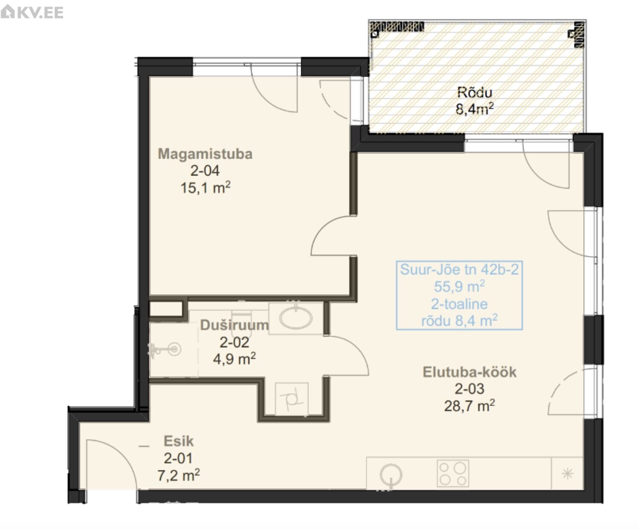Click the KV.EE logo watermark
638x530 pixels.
click(32, 12)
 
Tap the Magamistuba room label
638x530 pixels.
click(205, 153)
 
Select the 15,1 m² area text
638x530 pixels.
click(205, 187)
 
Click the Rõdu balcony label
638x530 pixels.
click(475, 92)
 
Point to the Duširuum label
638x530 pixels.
click(235, 325)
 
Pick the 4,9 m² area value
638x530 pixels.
click(235, 359)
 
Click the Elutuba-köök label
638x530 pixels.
click(470, 372)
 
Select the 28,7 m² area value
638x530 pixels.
click(470, 406)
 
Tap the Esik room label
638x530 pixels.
click(179, 441)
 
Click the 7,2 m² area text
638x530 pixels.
click(179, 475)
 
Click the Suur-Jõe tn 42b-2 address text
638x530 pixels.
click(459, 269)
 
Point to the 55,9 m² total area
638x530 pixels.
click(459, 286)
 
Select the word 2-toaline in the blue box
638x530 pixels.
click(459, 304)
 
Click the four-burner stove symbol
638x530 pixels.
click(453, 473)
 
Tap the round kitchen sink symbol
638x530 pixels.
click(391, 474)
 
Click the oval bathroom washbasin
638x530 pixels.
click(296, 318)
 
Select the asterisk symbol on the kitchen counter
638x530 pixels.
click(567, 473)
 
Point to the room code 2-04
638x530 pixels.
click(205, 170)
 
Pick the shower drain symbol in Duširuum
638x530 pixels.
click(174, 349)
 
